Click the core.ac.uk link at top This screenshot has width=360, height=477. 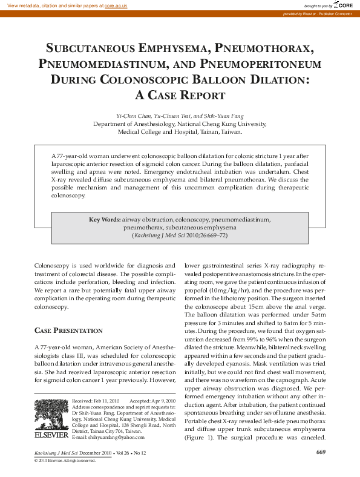pyautogui.click(x=116, y=5)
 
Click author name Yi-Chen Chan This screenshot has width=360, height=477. pyautogui.click(x=133, y=115)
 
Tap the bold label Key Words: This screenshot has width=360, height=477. pyautogui.click(x=105, y=220)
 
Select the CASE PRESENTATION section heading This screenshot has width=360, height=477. pyautogui.click(x=68, y=331)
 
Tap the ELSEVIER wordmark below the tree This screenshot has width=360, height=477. pyautogui.click(x=51, y=435)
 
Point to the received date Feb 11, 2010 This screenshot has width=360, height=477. pyautogui.click(x=106, y=401)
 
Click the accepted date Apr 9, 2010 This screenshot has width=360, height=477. pyautogui.click(x=160, y=401)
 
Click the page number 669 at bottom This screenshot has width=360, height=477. pyautogui.click(x=321, y=452)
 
